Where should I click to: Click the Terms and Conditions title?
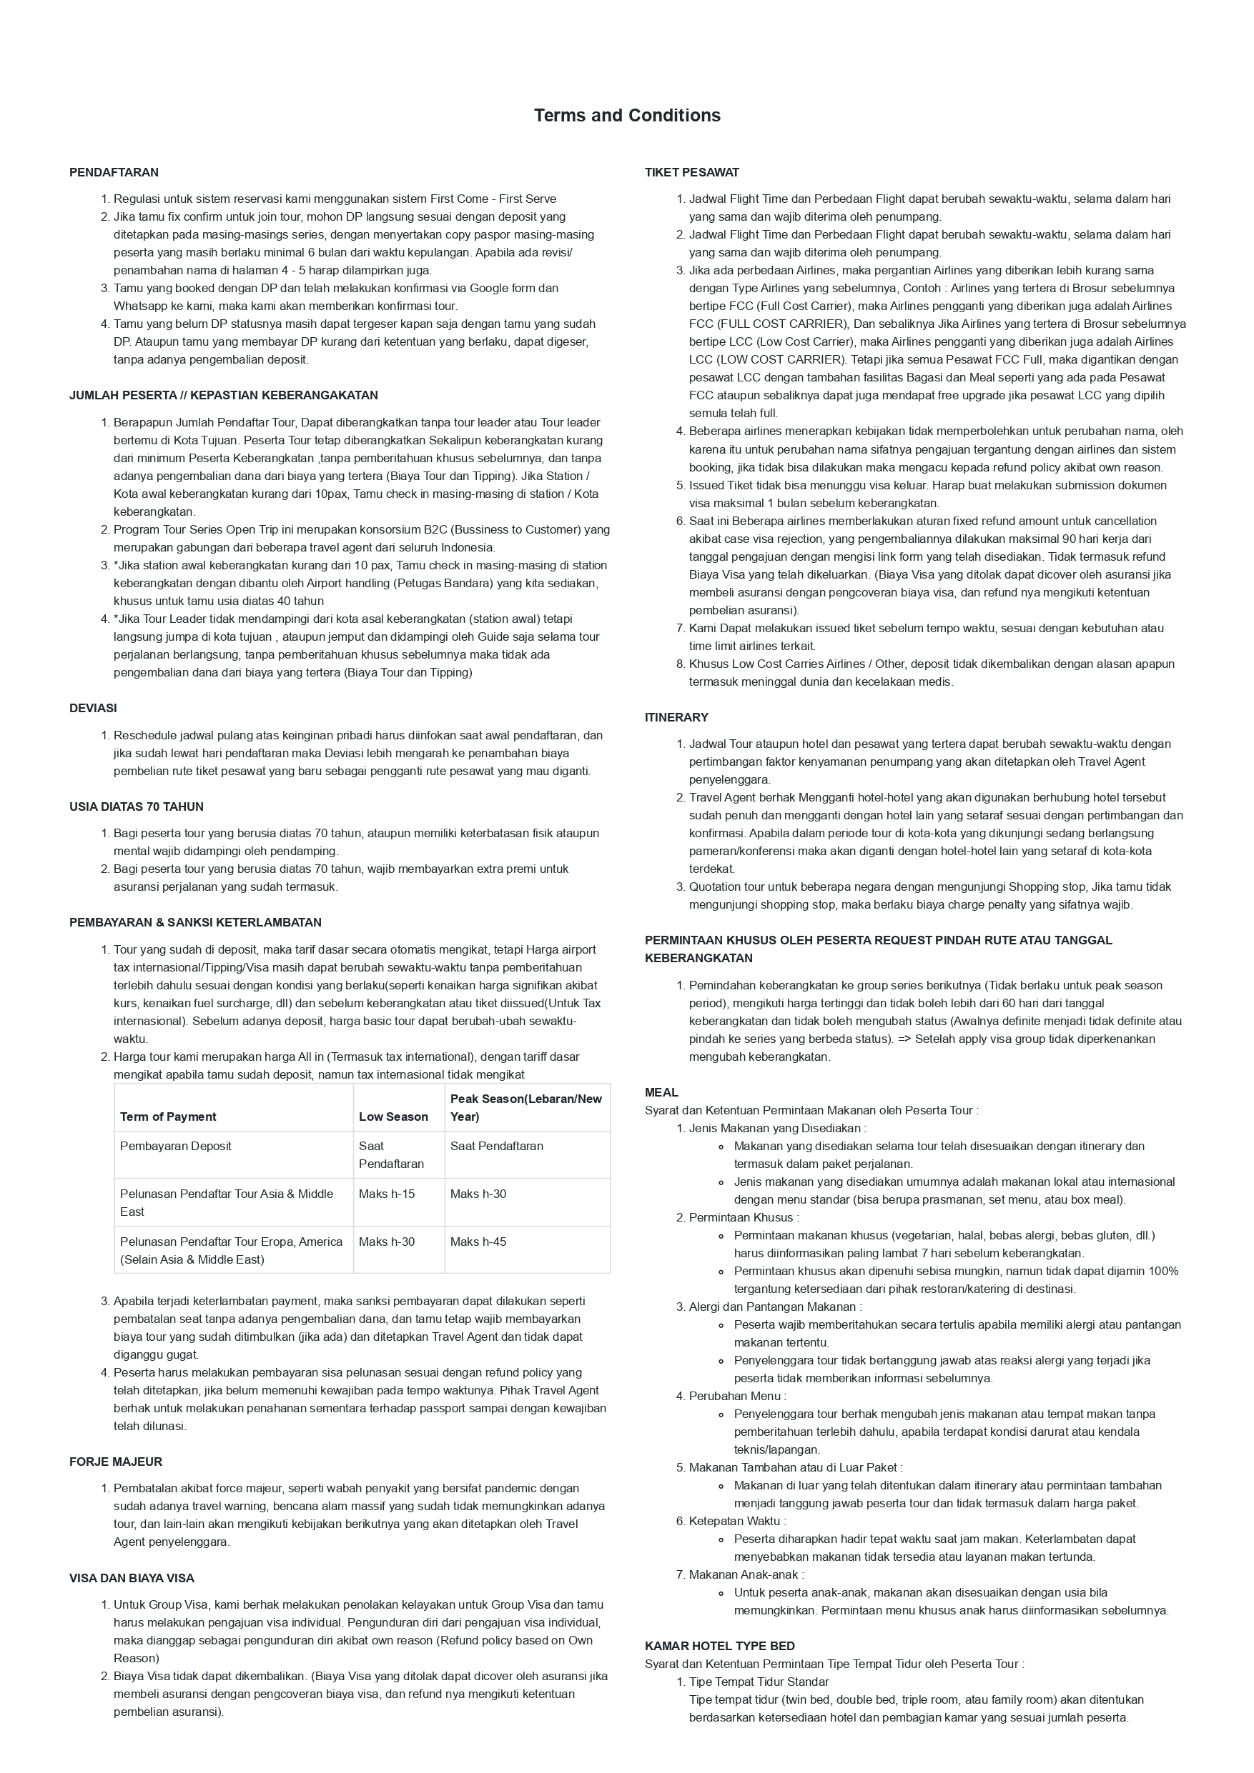(x=626, y=116)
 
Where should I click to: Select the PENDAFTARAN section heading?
(x=114, y=172)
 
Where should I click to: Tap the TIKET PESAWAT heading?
(x=691, y=172)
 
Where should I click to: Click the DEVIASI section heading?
(x=93, y=708)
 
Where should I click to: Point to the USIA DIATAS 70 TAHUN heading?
(x=136, y=807)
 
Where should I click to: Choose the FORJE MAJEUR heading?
(x=115, y=1462)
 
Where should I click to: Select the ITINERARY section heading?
(x=676, y=717)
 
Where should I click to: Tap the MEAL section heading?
(x=661, y=1093)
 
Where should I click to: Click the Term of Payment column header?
(x=168, y=1117)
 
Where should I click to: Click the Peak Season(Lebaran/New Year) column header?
(x=525, y=1107)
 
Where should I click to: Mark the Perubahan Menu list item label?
(x=737, y=1396)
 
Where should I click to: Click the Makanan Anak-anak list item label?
(x=746, y=1574)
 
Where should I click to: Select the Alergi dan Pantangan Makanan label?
(x=775, y=1307)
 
